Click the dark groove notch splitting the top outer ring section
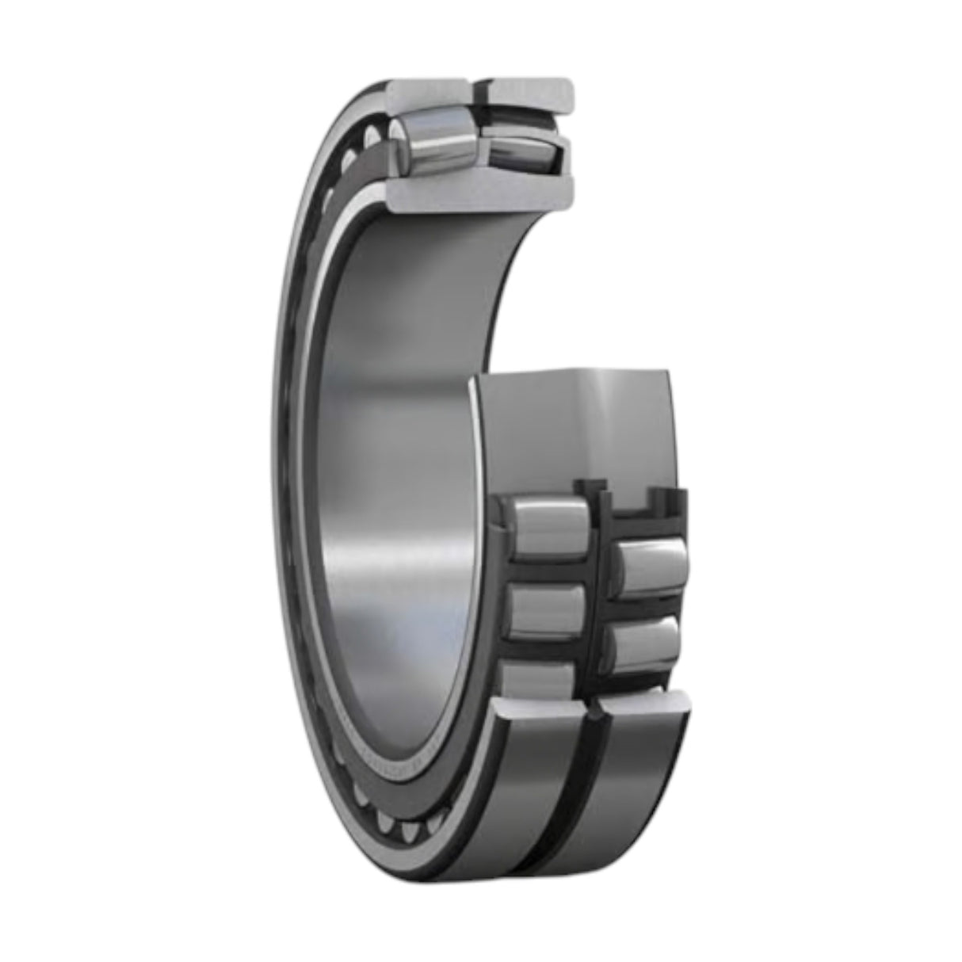coord(480,91)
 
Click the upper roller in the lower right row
coord(648,565)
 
